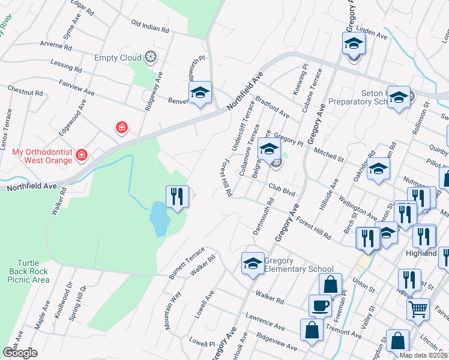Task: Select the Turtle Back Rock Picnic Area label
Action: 33,271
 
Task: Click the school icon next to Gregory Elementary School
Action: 253,263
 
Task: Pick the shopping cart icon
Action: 418,310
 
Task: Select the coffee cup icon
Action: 320,305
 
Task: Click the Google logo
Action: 20,353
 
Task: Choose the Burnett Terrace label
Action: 187,263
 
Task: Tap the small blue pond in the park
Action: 159,218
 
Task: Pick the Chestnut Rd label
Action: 25,92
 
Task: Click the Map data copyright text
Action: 424,355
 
